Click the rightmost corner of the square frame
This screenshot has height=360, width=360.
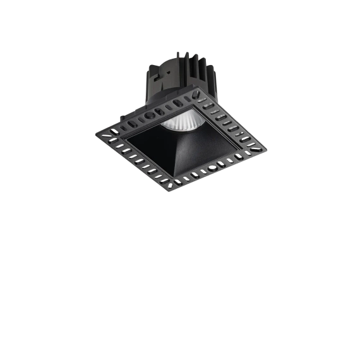click(267, 147)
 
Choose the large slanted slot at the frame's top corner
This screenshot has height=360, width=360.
click(198, 100)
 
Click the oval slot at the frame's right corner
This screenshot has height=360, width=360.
click(256, 147)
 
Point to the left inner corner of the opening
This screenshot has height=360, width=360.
click(124, 136)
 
